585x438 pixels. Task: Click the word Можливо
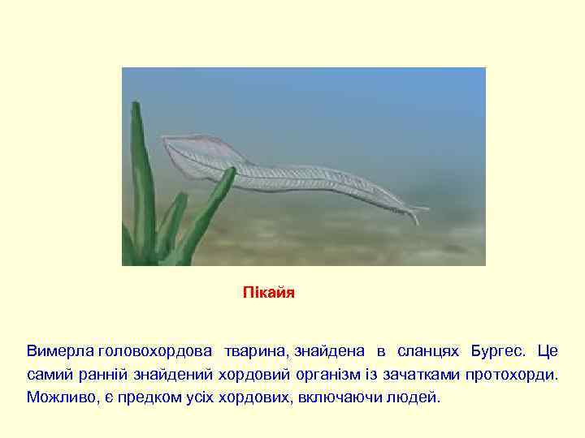coord(58,397)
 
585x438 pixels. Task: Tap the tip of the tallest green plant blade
coord(136,105)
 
